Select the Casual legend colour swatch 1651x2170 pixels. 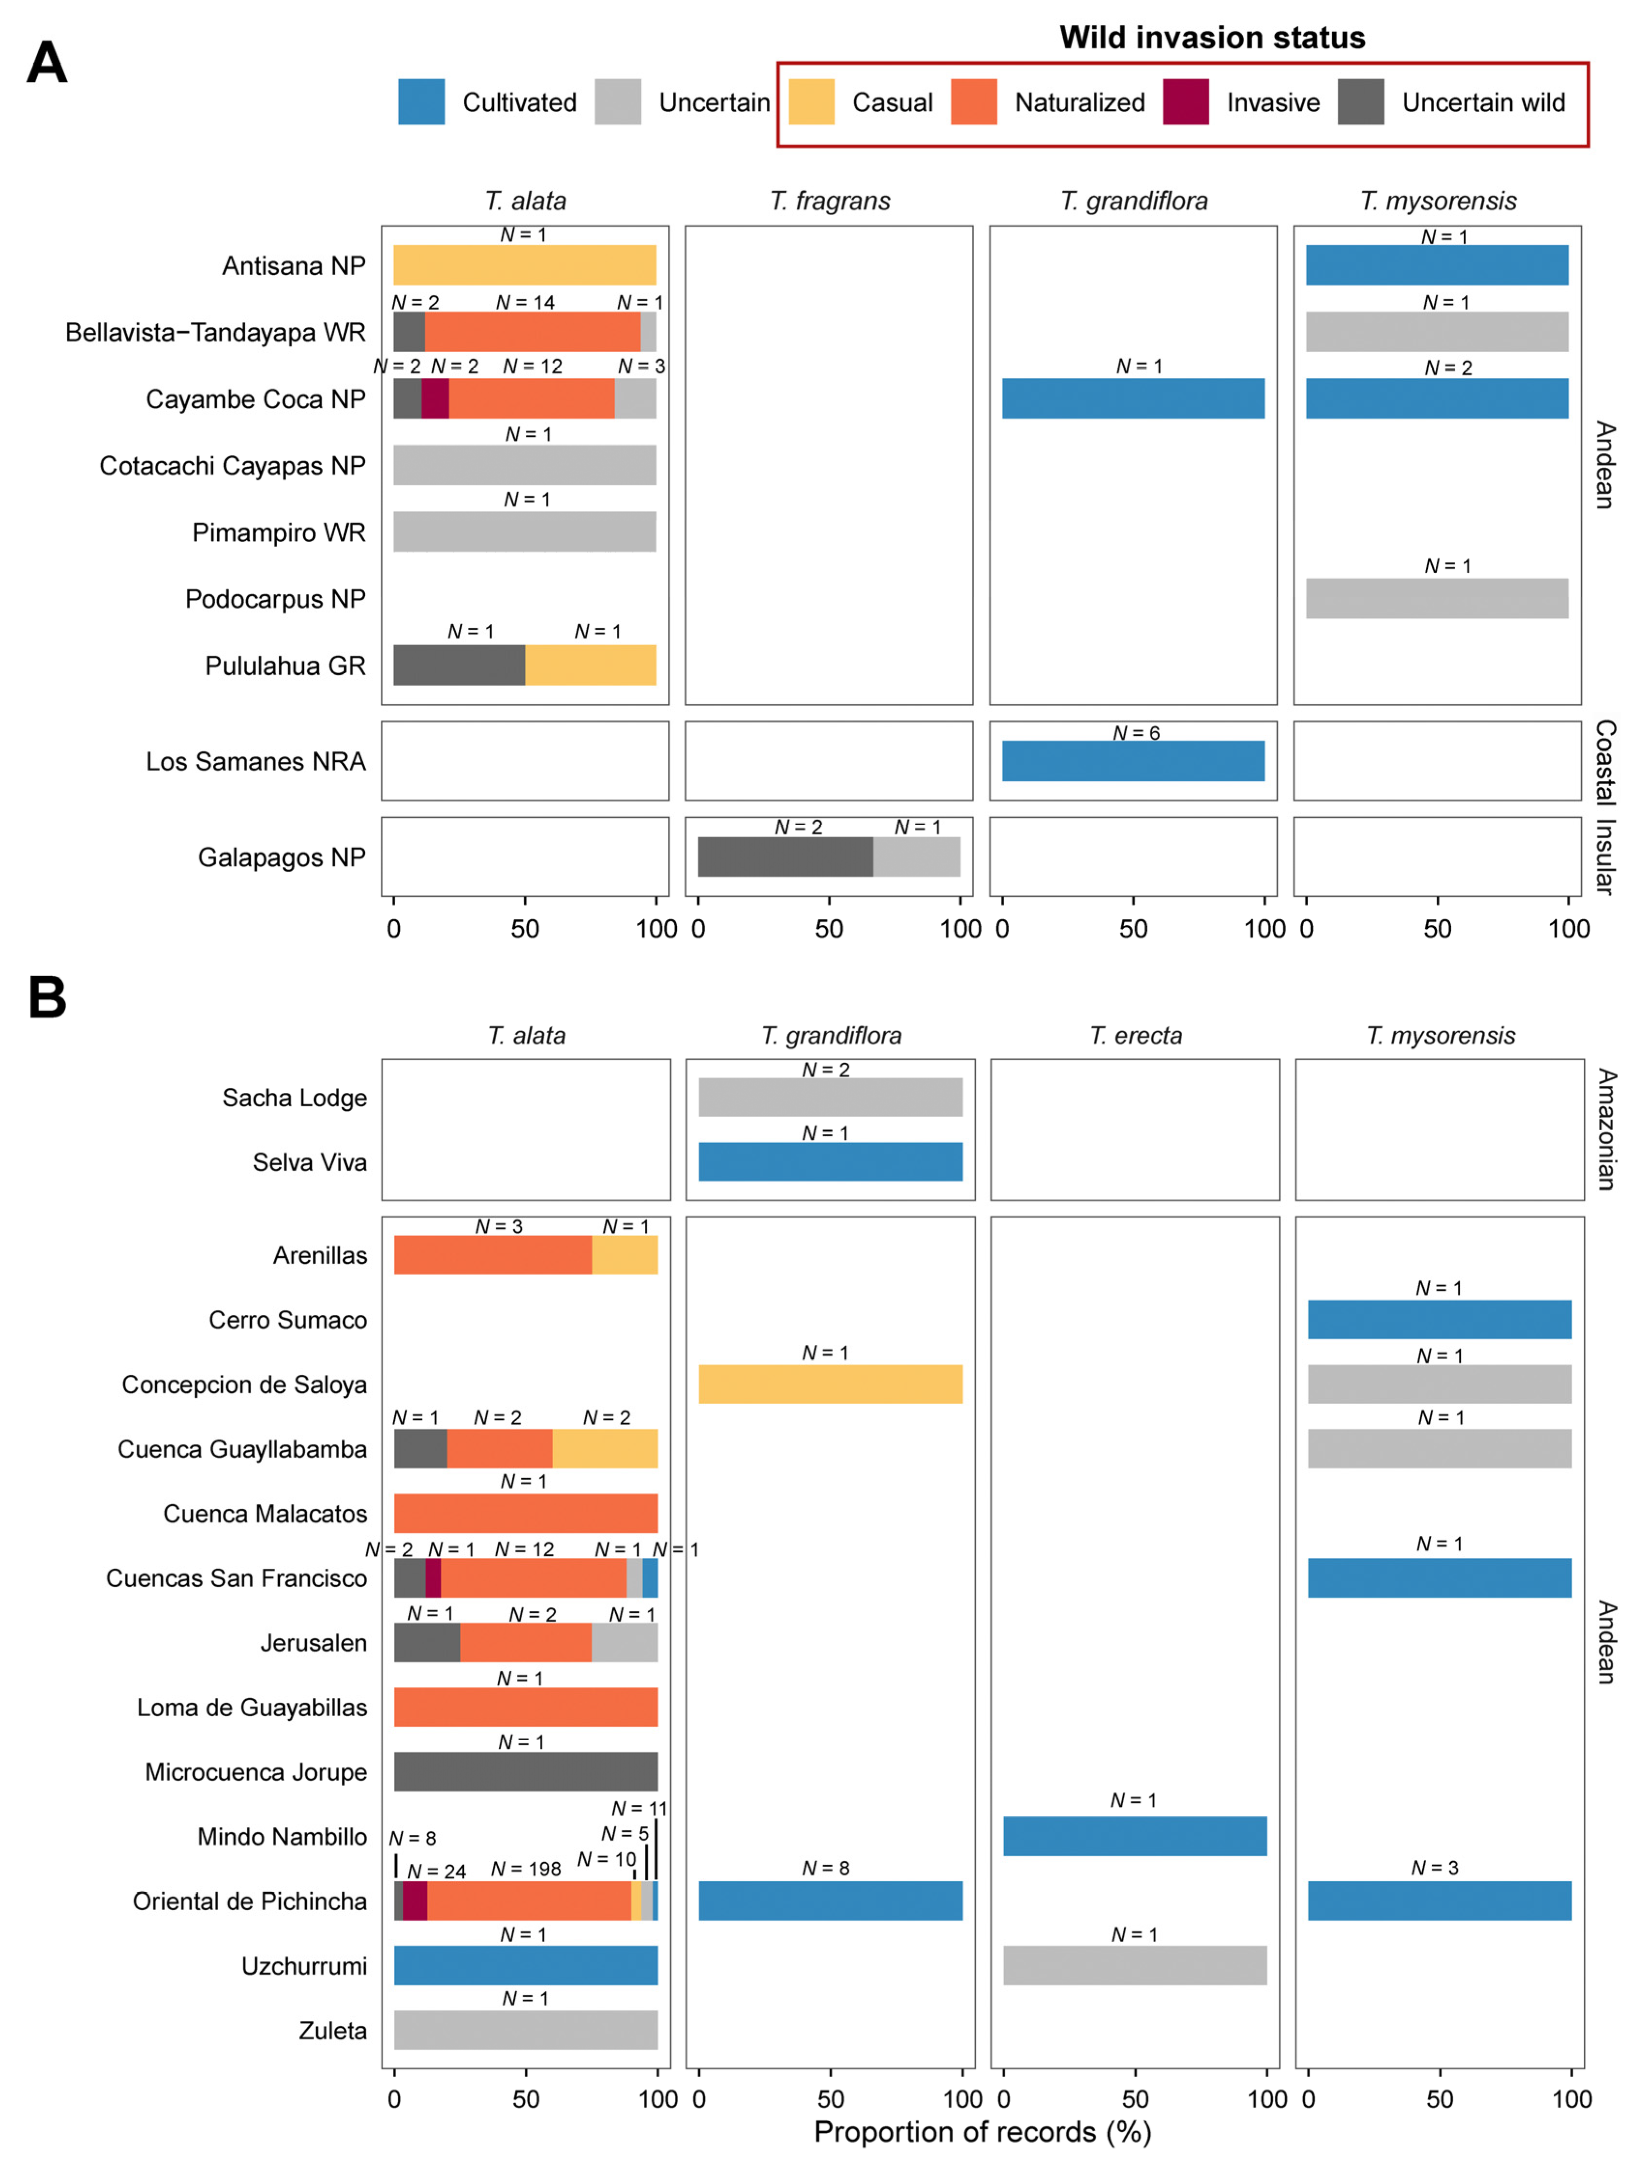click(812, 102)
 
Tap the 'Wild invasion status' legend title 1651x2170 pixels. click(1213, 37)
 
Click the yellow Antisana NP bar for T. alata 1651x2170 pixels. click(525, 266)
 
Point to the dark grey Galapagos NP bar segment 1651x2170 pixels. click(785, 857)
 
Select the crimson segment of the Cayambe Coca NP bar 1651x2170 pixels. click(435, 399)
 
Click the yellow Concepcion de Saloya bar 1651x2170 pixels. click(831, 1384)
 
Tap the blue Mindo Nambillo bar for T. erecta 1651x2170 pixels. click(1135, 1836)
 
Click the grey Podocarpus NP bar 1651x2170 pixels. click(1438, 598)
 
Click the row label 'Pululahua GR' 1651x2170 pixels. click(285, 666)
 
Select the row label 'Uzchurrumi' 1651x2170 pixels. click(305, 1965)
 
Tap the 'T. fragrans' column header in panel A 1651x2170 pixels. click(831, 201)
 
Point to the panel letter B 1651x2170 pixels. click(47, 997)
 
